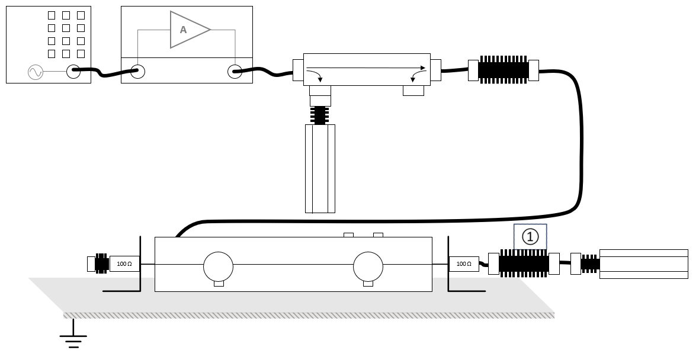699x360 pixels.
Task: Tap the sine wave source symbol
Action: click(36, 72)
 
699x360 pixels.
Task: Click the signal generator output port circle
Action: click(73, 72)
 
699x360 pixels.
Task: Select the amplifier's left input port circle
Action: click(138, 72)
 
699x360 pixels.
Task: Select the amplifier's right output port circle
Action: click(235, 72)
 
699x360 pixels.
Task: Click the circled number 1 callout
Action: click(530, 237)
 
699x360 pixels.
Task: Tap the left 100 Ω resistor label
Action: click(124, 263)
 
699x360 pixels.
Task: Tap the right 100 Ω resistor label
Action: click(464, 263)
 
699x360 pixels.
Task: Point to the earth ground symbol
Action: click(73, 337)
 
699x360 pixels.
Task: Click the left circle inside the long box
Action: click(218, 267)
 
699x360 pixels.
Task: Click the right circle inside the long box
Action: click(368, 267)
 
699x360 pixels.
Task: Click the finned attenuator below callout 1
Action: click(524, 263)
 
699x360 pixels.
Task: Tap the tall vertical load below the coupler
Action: click(320, 169)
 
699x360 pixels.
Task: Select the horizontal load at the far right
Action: click(644, 263)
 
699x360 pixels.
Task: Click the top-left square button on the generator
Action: click(52, 15)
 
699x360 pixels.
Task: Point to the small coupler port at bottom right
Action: click(413, 91)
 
